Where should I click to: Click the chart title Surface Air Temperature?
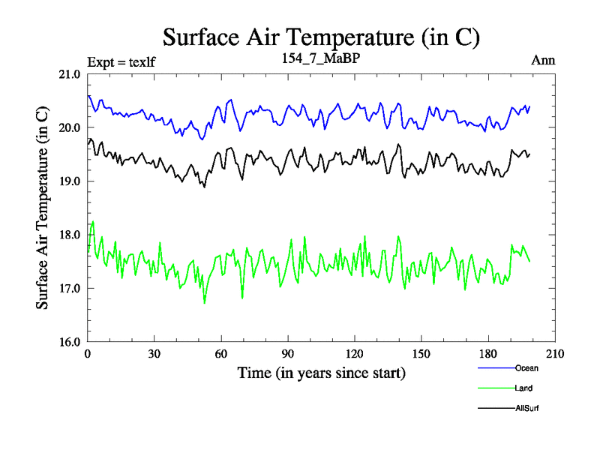pos(321,37)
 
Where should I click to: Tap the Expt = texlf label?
pos(121,61)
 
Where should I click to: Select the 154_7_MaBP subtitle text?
pos(321,59)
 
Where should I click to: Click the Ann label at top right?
pos(543,61)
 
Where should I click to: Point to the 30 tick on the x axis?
pos(154,354)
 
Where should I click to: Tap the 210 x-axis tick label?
pos(555,354)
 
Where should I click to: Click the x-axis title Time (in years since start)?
pos(321,373)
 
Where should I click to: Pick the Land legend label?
pos(524,388)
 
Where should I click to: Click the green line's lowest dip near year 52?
pos(204,303)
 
